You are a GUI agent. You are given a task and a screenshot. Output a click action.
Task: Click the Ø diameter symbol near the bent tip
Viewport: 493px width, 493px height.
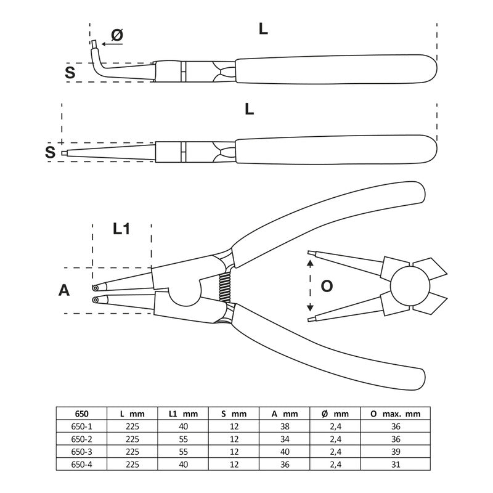pyautogui.click(x=117, y=35)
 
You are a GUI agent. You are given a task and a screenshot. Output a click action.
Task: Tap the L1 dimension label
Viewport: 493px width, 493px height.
pyautogui.click(x=121, y=229)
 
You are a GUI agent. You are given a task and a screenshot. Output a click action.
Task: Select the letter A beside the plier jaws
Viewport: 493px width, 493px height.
pyautogui.click(x=64, y=290)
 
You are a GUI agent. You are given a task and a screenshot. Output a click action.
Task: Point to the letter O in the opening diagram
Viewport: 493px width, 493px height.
pyautogui.click(x=327, y=286)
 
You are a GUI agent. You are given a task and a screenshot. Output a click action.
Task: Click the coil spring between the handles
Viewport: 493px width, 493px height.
pyautogui.click(x=225, y=287)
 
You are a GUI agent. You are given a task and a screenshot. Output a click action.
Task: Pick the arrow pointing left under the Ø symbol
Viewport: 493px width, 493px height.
pyautogui.click(x=112, y=44)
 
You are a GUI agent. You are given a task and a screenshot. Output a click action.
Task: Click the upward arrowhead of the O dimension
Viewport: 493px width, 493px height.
pyautogui.click(x=310, y=264)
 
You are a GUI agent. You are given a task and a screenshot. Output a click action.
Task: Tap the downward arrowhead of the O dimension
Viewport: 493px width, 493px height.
pyautogui.click(x=310, y=307)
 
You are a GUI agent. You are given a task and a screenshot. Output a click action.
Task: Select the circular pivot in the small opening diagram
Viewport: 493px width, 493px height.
pyautogui.click(x=410, y=286)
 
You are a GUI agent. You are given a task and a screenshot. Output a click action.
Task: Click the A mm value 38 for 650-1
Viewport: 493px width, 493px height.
pyautogui.click(x=285, y=426)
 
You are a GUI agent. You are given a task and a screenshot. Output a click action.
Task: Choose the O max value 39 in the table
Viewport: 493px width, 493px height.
pyautogui.click(x=396, y=452)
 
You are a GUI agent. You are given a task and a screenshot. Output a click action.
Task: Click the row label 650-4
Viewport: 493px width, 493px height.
pyautogui.click(x=82, y=465)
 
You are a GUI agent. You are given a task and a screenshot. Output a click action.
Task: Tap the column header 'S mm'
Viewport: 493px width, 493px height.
pyautogui.click(x=234, y=414)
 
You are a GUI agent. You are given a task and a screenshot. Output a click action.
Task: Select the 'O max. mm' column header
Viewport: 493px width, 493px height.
pyautogui.click(x=396, y=414)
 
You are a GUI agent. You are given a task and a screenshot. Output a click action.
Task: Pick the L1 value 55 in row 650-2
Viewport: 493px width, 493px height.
pyautogui.click(x=183, y=439)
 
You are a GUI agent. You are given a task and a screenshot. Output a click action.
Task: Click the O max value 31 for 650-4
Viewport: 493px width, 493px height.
pyautogui.click(x=396, y=465)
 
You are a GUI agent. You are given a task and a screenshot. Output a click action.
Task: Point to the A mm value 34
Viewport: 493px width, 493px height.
pyautogui.click(x=285, y=439)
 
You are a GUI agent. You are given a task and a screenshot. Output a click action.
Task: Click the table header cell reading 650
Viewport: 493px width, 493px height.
pyautogui.click(x=82, y=414)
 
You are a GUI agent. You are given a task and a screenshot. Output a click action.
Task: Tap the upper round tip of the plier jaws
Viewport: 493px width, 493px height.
pyautogui.click(x=95, y=288)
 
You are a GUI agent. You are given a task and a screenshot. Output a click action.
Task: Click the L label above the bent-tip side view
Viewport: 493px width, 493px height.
pyautogui.click(x=263, y=29)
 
